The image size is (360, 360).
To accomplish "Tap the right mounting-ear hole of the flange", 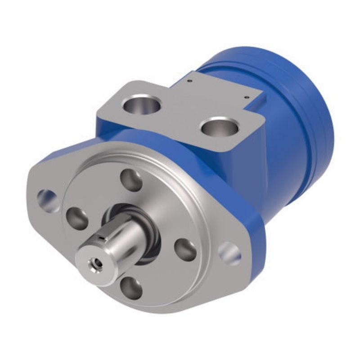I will (x=230, y=254).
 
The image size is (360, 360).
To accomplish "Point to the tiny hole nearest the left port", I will (x=190, y=81).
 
